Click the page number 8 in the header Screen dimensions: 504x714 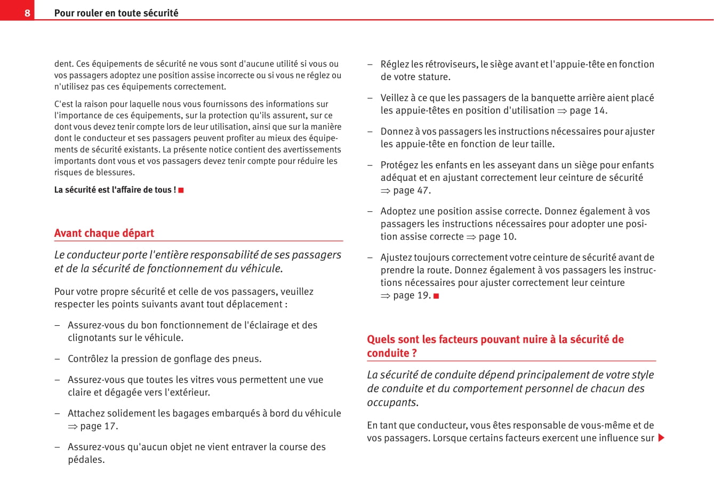[27, 13]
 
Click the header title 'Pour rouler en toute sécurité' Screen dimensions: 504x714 [116, 13]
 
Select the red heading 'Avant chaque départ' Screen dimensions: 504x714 [104, 233]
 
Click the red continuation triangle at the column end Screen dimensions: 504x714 [661, 438]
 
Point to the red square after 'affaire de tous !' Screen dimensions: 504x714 [181, 190]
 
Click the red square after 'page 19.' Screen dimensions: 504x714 [436, 296]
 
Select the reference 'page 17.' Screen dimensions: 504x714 [99, 426]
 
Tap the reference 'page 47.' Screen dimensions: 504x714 [412, 190]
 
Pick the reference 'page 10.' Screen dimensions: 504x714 [498, 236]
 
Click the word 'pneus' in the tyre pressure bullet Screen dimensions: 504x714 [247, 359]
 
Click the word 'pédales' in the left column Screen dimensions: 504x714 [85, 460]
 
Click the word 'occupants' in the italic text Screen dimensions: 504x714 [392, 403]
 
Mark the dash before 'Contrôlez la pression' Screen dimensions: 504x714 [57, 359]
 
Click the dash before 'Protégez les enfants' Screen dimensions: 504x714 [370, 165]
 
